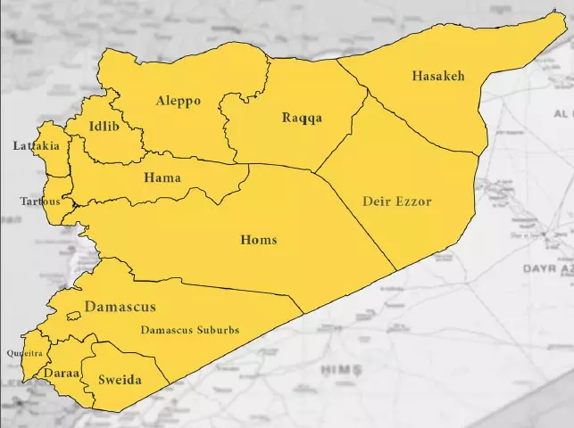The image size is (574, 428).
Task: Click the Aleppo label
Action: [179, 101]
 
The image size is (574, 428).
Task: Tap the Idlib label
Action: [106, 127]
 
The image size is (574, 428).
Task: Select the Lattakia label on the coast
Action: [37, 145]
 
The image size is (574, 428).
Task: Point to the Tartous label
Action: [40, 202]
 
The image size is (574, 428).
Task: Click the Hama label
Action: [162, 178]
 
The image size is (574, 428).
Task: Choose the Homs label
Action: [259, 240]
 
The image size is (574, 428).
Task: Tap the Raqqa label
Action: [302, 118]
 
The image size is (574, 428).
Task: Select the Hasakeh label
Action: [438, 76]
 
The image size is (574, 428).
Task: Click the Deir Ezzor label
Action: [396, 202]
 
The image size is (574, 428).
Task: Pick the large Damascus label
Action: [121, 307]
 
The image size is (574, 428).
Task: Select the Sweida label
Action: [120, 380]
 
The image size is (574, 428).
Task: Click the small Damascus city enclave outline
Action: [73, 316]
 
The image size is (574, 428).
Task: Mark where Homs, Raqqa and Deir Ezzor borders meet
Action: [316, 170]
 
